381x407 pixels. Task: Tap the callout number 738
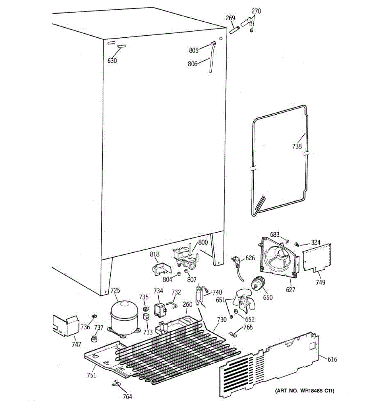(297, 147)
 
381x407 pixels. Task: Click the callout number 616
(333, 359)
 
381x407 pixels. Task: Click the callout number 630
(112, 61)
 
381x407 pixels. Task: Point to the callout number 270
(256, 11)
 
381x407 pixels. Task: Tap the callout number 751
(91, 375)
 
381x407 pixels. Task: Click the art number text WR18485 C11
(304, 391)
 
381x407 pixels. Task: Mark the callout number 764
(127, 396)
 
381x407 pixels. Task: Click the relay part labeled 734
(160, 309)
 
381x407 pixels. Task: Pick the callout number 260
(187, 304)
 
